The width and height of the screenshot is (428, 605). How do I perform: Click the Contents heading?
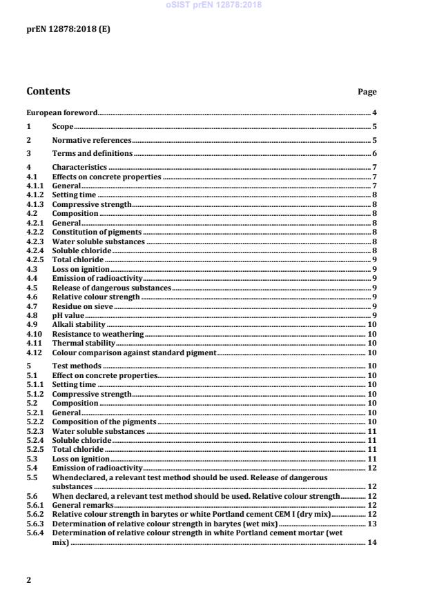48,91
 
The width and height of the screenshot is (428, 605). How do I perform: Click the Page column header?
367,92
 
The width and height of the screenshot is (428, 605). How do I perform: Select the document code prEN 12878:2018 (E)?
68,29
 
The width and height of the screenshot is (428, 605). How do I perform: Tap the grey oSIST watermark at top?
213,6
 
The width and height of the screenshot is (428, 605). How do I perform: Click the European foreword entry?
61,112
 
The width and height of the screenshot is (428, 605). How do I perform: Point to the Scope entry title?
63,127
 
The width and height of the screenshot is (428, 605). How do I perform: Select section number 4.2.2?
35,232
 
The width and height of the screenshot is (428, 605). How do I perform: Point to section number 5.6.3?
35,524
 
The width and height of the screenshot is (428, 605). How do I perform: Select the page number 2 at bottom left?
28,580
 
